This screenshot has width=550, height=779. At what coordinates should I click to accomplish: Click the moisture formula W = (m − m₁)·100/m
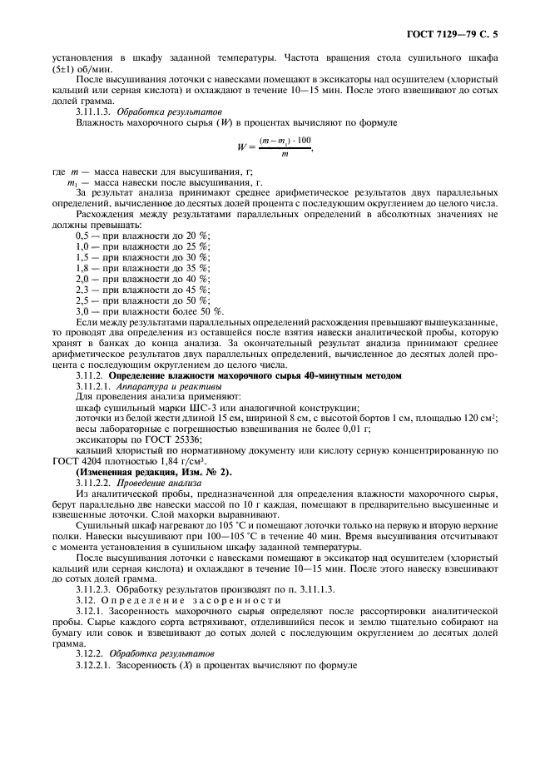point(275,146)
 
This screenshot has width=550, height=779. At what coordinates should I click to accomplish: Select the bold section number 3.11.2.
point(91,375)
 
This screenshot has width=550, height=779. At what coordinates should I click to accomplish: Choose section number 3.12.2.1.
point(97,667)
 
